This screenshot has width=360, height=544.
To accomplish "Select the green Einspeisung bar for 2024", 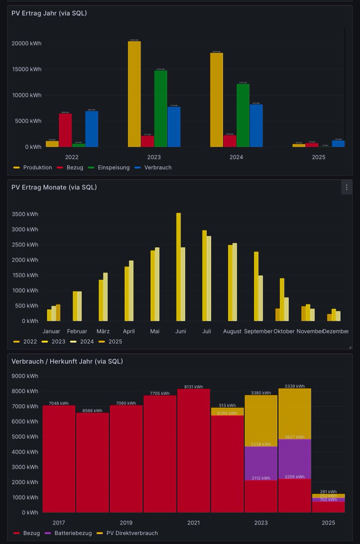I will [243, 116].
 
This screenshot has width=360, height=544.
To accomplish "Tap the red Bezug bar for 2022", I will [65, 130].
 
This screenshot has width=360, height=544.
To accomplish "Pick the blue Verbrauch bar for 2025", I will [338, 144].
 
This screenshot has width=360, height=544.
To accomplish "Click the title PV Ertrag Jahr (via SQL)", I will [49, 13].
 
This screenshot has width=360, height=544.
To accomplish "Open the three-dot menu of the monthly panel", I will [346, 187].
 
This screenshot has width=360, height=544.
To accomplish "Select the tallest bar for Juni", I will [179, 267].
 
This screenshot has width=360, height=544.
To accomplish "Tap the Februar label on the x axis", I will [77, 331].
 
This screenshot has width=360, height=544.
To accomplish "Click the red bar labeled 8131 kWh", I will [194, 451].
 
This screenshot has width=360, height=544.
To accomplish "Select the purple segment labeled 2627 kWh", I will [294, 459].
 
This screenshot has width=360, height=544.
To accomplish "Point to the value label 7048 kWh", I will [58, 403].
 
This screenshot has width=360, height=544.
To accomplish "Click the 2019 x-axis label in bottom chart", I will [126, 523].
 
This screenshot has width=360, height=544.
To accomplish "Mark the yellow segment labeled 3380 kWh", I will [261, 421].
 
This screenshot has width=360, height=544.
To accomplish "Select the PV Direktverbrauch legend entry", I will [132, 533].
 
